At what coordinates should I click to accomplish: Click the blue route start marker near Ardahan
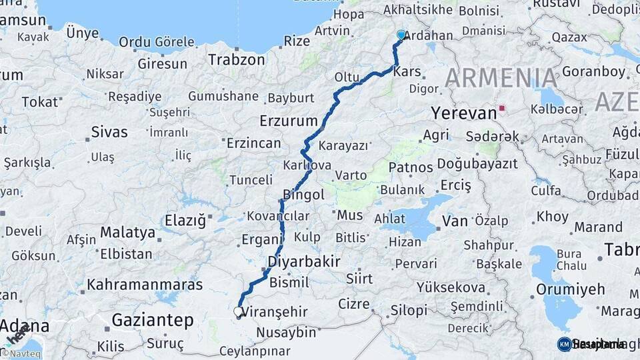pos(401,35)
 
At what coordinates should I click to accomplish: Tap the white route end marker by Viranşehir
pos(239,311)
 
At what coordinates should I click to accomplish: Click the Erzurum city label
pos(288,121)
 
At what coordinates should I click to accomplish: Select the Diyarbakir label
pos(304,261)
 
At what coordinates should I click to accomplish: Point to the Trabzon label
pos(236,59)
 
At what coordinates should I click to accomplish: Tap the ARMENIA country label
pos(501,78)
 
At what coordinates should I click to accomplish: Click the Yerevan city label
pos(464,113)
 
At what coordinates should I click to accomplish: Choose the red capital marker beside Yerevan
pos(501,108)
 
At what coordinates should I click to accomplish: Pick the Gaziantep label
pos(152,320)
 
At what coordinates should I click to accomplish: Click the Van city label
pos(455,221)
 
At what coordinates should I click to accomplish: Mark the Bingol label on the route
pos(303,195)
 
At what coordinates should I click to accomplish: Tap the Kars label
pos(407,72)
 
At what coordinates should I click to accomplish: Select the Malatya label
pos(128,233)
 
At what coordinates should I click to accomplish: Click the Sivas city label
pos(109,131)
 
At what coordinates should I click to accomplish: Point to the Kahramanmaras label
pos(145,285)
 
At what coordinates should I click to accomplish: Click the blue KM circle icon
pos(565,344)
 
